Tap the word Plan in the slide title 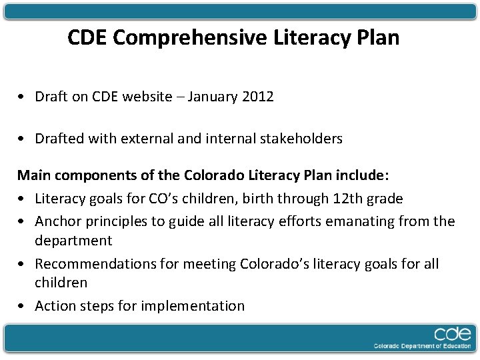pos(378,38)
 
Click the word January pos(213,97)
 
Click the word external pos(146,139)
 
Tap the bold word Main pos(33,176)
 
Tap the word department pos(73,241)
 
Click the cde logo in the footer pos(452,334)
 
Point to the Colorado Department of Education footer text pos(421,346)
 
